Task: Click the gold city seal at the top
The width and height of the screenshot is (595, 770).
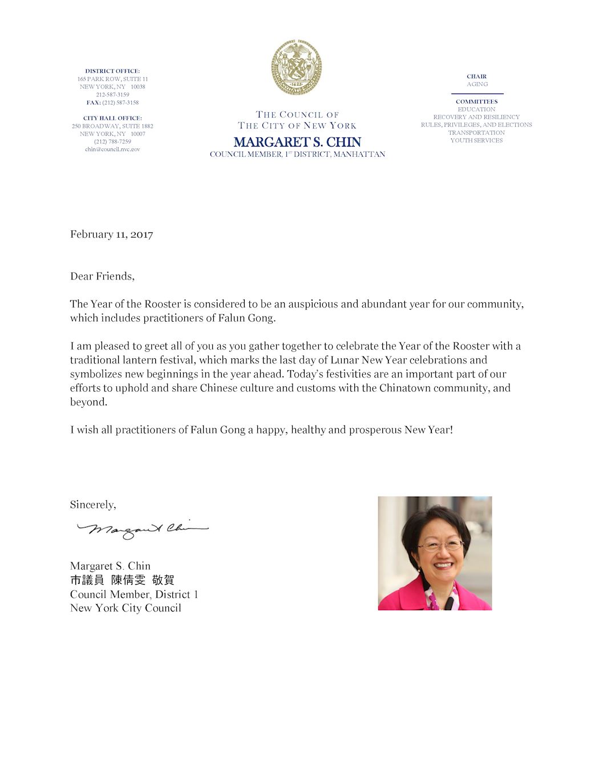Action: tap(297, 67)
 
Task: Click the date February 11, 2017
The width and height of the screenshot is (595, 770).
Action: tap(112, 234)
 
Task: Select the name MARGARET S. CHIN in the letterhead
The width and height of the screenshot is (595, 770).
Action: tap(297, 142)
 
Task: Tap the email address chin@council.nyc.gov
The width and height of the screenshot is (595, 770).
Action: tap(112, 149)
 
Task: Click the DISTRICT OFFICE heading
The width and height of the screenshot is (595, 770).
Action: tap(112, 71)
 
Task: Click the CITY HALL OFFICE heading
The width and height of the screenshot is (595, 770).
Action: tap(112, 118)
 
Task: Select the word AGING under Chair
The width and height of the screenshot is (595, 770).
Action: tap(477, 84)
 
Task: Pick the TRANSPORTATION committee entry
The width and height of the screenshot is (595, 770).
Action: tap(476, 133)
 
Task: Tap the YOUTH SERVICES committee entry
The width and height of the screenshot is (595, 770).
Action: tap(476, 140)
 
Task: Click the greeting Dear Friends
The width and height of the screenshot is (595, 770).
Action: tap(102, 276)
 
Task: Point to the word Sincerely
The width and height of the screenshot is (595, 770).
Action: tap(92, 505)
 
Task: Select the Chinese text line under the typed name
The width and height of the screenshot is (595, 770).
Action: tap(122, 580)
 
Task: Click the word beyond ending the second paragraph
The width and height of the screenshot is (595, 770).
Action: tap(88, 402)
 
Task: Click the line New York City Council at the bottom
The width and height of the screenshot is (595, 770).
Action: tap(126, 608)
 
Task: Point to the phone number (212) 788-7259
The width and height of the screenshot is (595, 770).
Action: tap(112, 141)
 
